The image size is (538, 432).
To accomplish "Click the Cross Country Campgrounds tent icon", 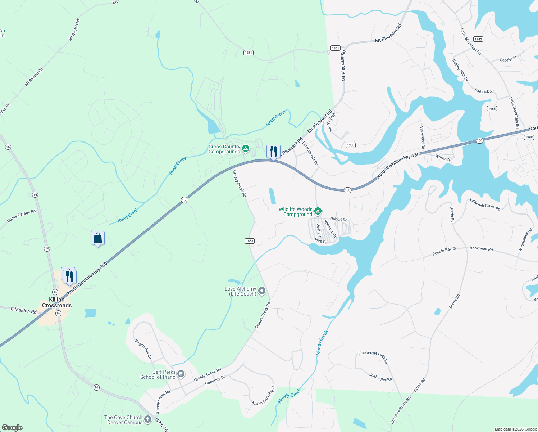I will pyautogui.click(x=246, y=148).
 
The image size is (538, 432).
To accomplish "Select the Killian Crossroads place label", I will pyautogui.click(x=57, y=302).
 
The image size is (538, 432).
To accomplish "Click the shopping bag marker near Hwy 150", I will pyautogui.click(x=97, y=238).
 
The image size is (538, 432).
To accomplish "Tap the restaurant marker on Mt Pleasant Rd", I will pyautogui.click(x=273, y=152).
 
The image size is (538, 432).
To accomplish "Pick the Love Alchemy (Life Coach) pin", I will pyautogui.click(x=262, y=291).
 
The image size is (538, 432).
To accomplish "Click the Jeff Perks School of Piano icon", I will pyautogui.click(x=181, y=374).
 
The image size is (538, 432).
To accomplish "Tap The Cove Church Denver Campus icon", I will pyautogui.click(x=147, y=419).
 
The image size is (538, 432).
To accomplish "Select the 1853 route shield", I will pyautogui.click(x=250, y=241).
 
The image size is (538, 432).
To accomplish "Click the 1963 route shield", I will pyautogui.click(x=351, y=145).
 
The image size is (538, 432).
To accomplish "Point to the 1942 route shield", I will pyautogui.click(x=478, y=39).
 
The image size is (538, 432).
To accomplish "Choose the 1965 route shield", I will pyautogui.click(x=492, y=108).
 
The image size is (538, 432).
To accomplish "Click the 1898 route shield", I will pyautogui.click(x=529, y=137).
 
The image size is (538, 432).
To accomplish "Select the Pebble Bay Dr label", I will pyautogui.click(x=444, y=251).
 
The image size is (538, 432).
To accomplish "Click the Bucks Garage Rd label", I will pyautogui.click(x=22, y=216).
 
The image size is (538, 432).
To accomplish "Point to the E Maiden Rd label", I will pyautogui.click(x=24, y=310).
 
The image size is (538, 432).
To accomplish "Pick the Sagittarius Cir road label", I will pyautogui.click(x=143, y=349).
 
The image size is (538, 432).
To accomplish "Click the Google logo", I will pyautogui.click(x=12, y=428).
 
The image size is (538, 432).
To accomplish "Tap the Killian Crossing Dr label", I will pyautogui.click(x=264, y=396).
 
